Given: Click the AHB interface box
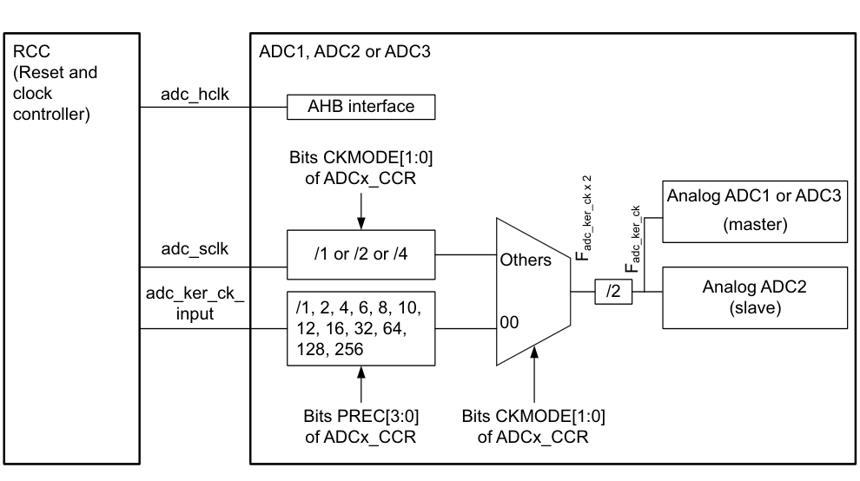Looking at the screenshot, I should (361, 108).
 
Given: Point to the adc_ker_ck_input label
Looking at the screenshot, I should (195, 304).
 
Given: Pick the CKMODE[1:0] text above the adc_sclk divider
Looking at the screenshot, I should (361, 173).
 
